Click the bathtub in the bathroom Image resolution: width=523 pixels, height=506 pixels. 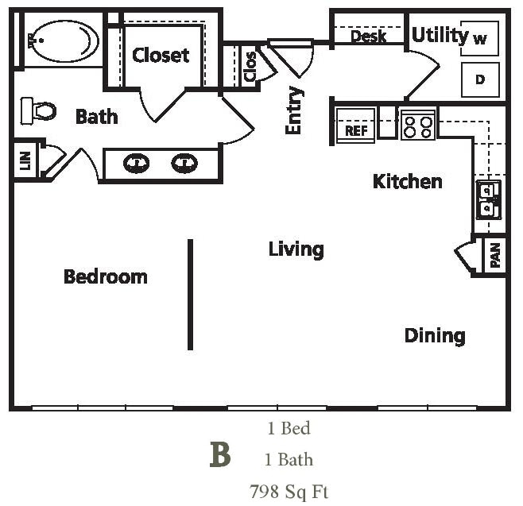(64, 40)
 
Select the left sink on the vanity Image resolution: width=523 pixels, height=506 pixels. (137, 164)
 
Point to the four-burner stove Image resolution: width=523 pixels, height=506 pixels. (417, 125)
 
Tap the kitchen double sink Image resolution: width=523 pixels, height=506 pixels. (486, 199)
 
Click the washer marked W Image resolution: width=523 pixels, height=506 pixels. (479, 38)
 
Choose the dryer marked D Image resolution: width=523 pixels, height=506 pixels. (479, 79)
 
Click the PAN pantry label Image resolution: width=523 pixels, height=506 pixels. (495, 256)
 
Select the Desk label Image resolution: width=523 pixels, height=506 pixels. (368, 37)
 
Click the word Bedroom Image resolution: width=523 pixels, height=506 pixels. (105, 276)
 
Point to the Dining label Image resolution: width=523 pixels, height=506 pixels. (434, 335)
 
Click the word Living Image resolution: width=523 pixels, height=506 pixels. (296, 249)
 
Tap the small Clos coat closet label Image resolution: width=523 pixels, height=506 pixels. (250, 66)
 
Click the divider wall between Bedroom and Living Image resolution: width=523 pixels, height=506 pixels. (190, 294)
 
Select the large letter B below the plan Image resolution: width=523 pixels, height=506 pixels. (220, 457)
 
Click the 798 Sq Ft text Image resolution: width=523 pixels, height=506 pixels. (289, 491)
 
